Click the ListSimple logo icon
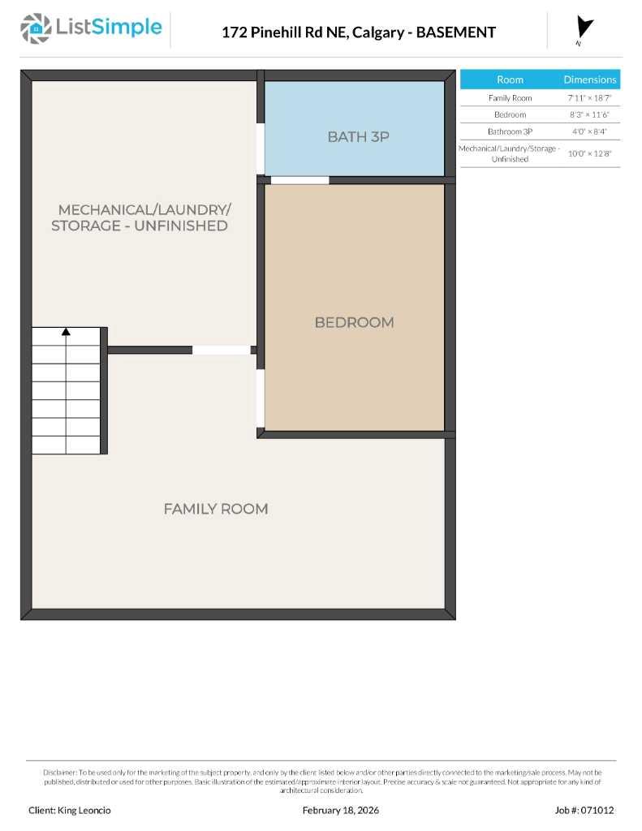point(35,28)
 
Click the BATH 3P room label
point(358,136)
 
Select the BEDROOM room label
point(354,322)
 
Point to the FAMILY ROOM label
point(215,509)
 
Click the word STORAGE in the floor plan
point(86,226)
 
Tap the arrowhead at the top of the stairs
point(66,331)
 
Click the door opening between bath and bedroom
point(299,180)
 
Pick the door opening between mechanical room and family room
point(221,351)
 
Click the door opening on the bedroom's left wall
point(261,398)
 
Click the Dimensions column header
point(590,80)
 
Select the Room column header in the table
point(510,80)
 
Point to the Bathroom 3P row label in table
point(510,131)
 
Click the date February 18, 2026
point(340,810)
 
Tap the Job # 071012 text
point(584,810)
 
